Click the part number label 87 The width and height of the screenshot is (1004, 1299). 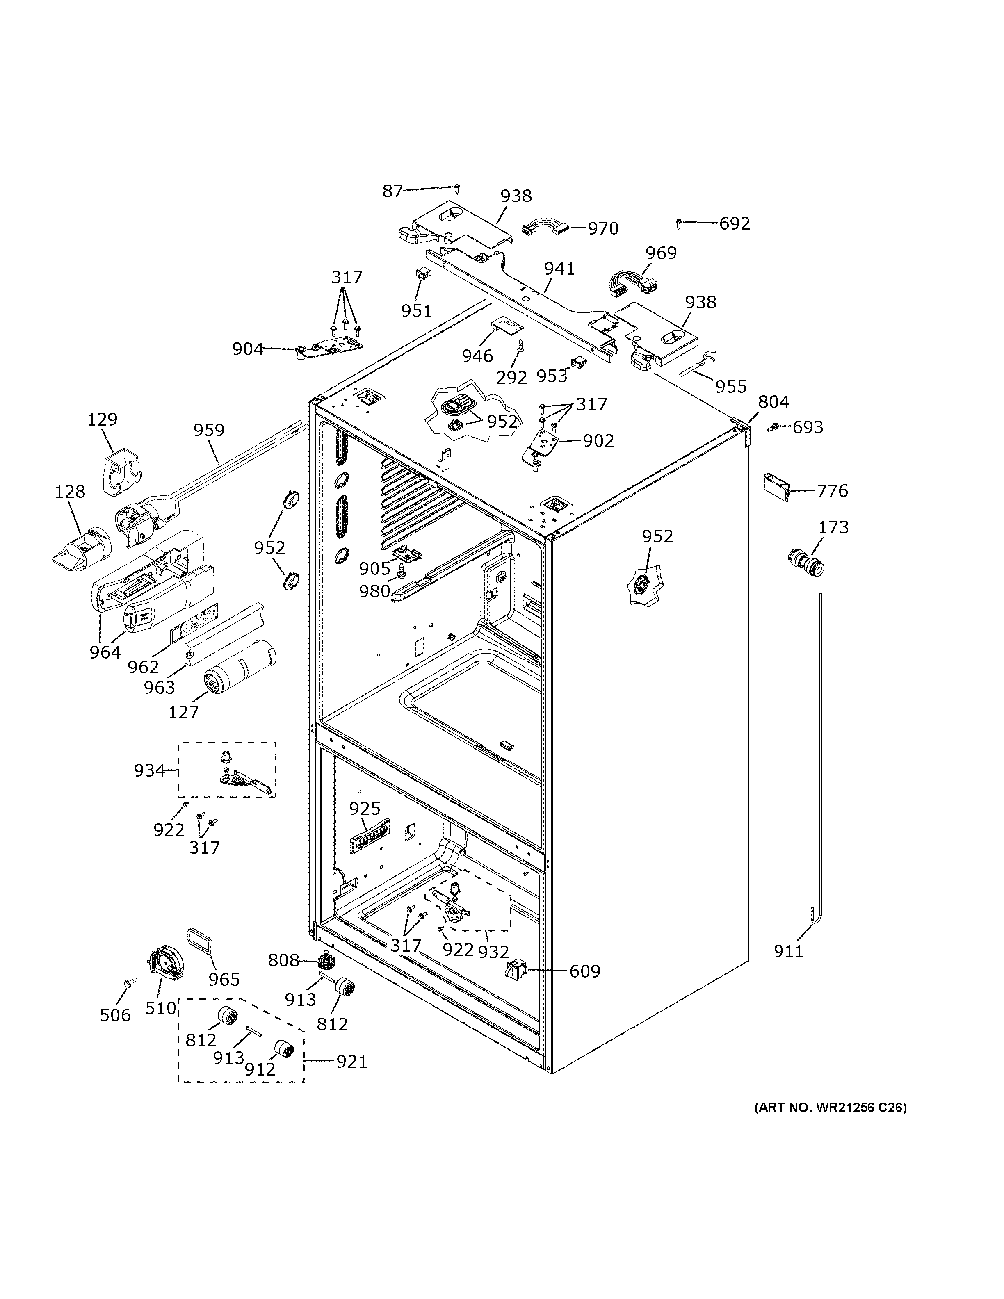(x=392, y=191)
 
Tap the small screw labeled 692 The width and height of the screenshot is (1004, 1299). (x=679, y=223)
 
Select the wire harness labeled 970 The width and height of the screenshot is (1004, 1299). (x=544, y=229)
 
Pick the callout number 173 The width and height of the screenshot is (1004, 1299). (x=833, y=528)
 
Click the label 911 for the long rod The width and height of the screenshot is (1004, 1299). (x=788, y=952)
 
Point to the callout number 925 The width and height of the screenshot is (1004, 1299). (x=364, y=808)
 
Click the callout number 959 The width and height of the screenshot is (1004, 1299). (x=208, y=430)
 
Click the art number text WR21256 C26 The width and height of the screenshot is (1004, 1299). (x=831, y=1108)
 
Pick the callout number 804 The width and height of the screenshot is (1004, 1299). (x=773, y=403)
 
